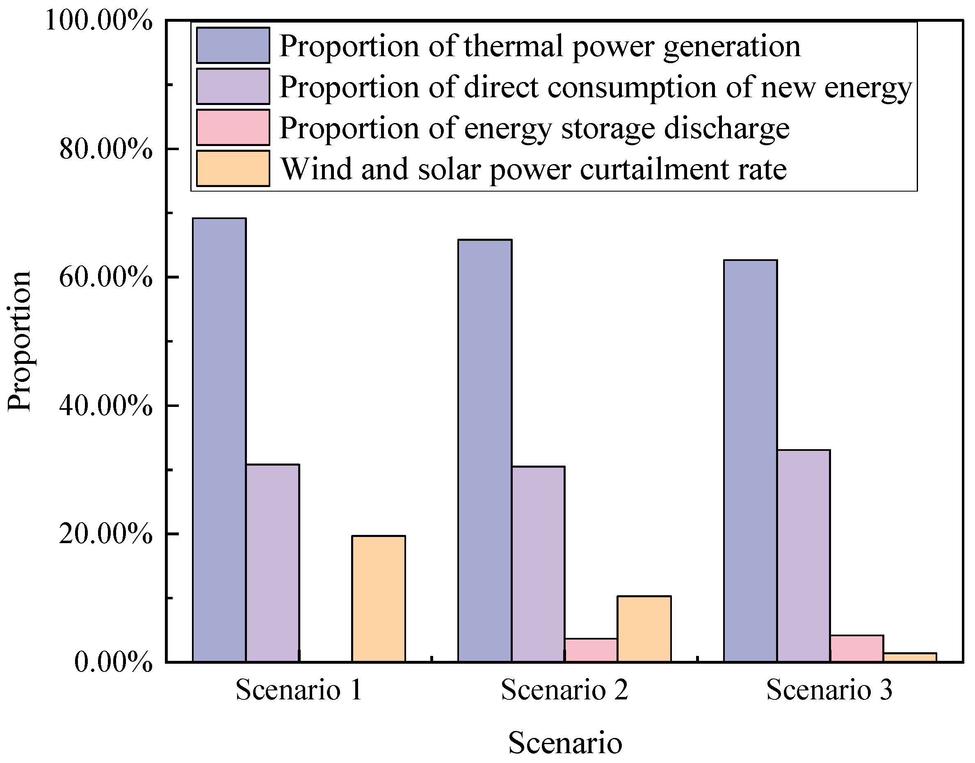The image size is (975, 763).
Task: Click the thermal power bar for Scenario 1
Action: point(219,440)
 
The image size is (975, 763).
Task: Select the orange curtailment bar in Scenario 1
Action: point(378,598)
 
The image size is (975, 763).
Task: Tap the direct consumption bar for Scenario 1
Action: point(272,562)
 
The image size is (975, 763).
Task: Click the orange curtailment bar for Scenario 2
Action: point(644,628)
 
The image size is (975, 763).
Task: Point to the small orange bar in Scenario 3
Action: point(910,657)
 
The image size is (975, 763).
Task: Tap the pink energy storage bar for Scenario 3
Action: point(856,648)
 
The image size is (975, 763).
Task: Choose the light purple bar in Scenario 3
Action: point(804,555)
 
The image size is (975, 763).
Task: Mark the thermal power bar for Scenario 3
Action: point(750,461)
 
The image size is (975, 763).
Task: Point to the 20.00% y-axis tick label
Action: point(106,534)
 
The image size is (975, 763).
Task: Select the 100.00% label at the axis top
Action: point(99,21)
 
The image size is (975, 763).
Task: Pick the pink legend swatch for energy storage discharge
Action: point(233,127)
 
